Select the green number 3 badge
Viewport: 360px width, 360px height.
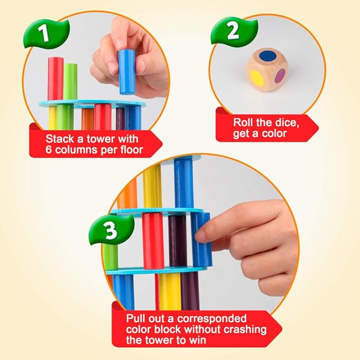(x=108, y=231)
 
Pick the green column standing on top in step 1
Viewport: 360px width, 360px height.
(x=71, y=82)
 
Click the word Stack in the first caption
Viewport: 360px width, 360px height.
(x=59, y=139)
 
